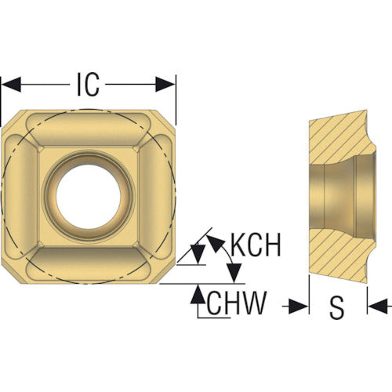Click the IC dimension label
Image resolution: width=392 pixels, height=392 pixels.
[x=89, y=85]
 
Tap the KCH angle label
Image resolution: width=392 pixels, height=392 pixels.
[x=256, y=245]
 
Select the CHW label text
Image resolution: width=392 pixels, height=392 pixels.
[x=237, y=303]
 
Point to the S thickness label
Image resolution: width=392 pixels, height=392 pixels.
[x=337, y=308]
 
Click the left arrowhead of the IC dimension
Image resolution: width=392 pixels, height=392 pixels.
[x=11, y=85]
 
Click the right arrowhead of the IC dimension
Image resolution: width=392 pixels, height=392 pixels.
[x=165, y=85]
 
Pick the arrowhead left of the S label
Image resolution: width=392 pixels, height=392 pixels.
[x=298, y=306]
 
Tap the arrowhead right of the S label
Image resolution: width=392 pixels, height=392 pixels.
[x=378, y=306]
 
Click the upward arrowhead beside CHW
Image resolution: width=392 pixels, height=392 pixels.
[x=198, y=294]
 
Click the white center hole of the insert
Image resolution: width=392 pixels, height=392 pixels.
[x=89, y=197]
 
